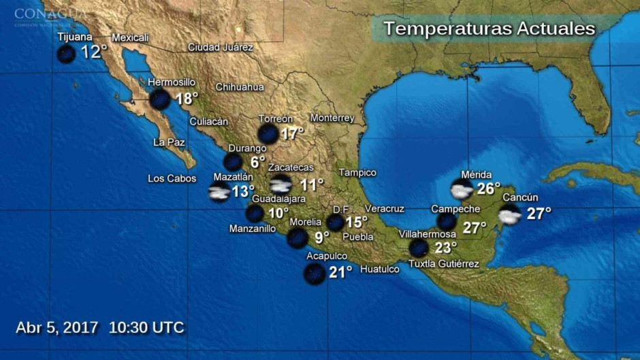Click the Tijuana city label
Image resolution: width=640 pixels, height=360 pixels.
tap(75, 37)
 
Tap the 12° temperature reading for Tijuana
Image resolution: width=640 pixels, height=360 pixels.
tap(94, 52)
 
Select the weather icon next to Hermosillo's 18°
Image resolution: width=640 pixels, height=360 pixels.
tap(160, 99)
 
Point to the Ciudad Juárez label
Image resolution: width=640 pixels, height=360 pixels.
tap(220, 48)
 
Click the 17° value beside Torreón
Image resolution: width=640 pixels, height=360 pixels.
tap(292, 133)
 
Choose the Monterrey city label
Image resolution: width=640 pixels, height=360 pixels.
tap(332, 118)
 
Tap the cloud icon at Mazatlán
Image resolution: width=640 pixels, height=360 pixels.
tap(219, 192)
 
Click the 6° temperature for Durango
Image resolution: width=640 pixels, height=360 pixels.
tap(257, 162)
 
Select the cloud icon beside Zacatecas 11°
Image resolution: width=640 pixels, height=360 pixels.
tap(280, 184)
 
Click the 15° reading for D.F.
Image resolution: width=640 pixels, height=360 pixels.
tap(356, 222)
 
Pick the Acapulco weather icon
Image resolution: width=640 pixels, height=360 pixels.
tap(314, 274)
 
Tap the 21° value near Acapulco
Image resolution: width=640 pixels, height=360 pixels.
tap(340, 272)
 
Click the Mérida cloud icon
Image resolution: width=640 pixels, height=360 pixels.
tap(462, 189)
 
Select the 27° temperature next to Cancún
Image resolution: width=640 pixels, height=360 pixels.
tap(539, 213)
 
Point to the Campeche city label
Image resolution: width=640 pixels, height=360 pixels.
tap(455, 209)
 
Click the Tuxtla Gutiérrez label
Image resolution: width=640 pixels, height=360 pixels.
tap(443, 264)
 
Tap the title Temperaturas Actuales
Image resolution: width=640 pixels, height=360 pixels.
tap(489, 29)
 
